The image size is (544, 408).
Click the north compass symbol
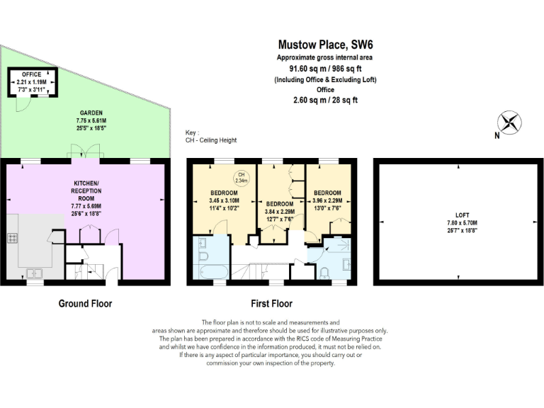tap(510, 123)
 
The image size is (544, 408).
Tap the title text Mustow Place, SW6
tap(325, 44)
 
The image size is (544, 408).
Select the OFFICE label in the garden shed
tap(30, 74)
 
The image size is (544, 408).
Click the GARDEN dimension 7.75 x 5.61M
tap(91, 120)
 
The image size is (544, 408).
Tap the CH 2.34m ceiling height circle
tap(241, 177)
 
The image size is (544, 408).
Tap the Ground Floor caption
tap(85, 304)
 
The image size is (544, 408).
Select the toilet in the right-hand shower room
tap(324, 273)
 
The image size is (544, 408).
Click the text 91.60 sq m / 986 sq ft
tap(325, 69)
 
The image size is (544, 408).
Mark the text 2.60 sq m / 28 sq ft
tap(325, 101)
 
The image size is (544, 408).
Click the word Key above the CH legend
tap(191, 132)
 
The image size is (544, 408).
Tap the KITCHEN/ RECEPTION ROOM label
tap(86, 192)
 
